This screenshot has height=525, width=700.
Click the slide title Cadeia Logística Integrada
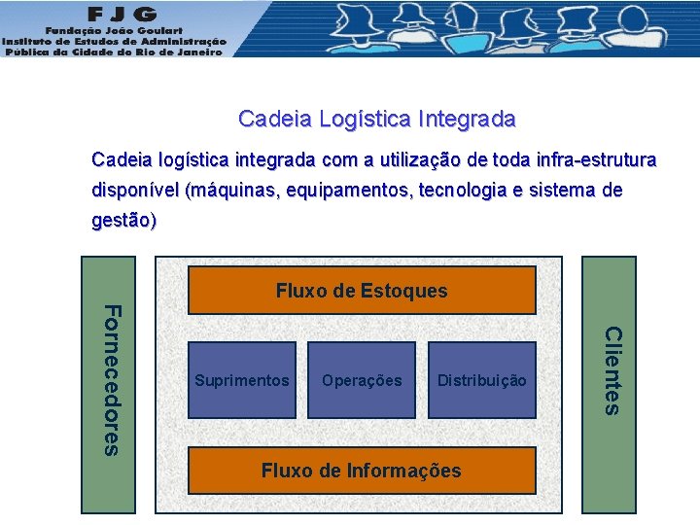(377, 120)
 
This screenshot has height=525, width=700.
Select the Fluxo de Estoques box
(362, 291)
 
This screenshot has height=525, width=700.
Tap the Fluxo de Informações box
(362, 471)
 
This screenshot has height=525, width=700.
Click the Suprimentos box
(242, 380)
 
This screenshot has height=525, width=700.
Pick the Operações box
(362, 380)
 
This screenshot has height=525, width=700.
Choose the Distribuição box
(482, 380)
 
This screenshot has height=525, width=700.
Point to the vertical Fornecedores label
(112, 379)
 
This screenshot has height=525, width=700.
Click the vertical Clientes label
(611, 370)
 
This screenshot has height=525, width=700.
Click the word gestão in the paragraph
(122, 221)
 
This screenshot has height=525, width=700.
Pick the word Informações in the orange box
(401, 471)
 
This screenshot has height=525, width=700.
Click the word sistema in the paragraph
(563, 190)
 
